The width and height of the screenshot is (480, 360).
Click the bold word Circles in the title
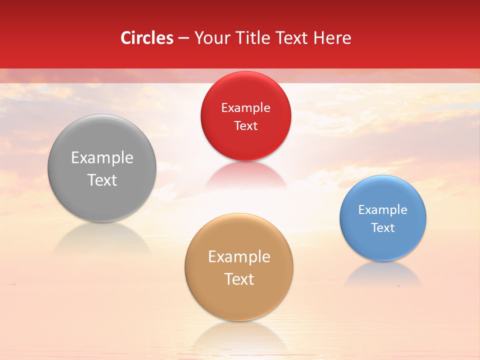tap(147, 38)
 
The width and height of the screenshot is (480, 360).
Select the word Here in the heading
tap(332, 38)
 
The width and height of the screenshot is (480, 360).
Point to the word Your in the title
tap(212, 38)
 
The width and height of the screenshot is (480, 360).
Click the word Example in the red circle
tap(245, 108)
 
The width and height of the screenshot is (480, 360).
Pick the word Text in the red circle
tap(245, 125)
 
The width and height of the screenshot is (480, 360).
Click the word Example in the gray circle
tap(102, 158)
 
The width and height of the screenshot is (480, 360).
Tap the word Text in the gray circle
tap(102, 180)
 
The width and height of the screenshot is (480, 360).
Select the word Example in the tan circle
tap(239, 257)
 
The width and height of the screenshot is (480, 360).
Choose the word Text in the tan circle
tap(239, 279)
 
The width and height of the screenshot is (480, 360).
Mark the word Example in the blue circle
tap(382, 210)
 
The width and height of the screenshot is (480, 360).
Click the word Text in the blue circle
tap(382, 228)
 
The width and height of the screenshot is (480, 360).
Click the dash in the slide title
tap(183, 38)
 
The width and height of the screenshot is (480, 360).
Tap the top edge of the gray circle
tap(102, 115)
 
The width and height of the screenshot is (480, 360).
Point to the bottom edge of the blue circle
tap(382, 260)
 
